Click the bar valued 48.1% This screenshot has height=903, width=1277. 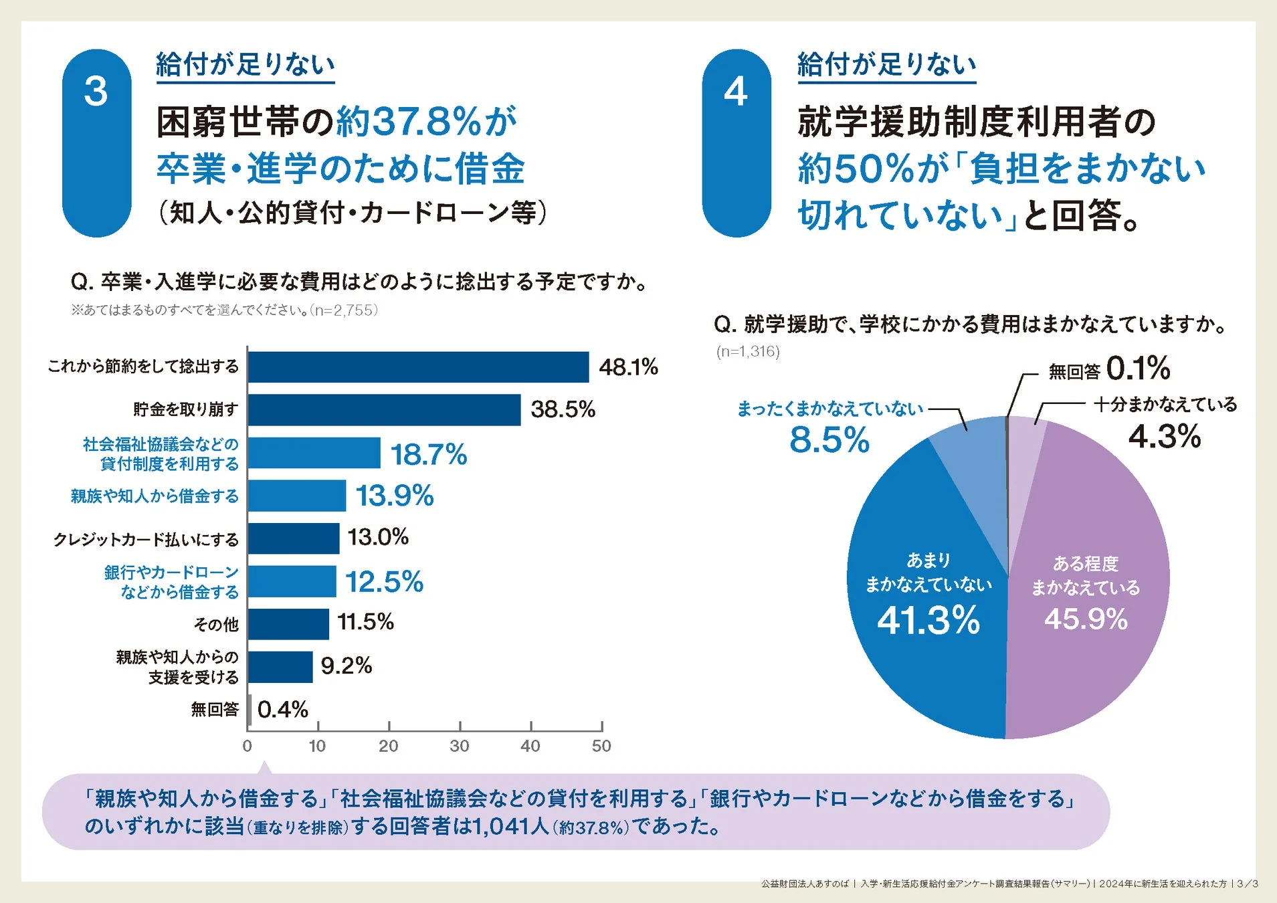(x=418, y=367)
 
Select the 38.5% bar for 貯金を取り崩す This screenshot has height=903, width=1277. (x=384, y=409)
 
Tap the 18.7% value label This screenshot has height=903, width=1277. (x=428, y=455)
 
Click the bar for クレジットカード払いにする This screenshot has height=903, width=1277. (x=294, y=538)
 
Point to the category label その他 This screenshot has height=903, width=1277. (x=215, y=624)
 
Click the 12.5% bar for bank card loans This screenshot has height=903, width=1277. (x=292, y=581)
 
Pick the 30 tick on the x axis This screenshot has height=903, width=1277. (x=460, y=746)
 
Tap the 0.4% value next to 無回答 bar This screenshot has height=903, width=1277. (x=282, y=709)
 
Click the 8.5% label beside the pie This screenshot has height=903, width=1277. (x=829, y=440)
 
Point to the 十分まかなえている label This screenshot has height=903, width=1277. (x=1165, y=404)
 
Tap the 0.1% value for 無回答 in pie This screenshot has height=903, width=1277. (x=1138, y=368)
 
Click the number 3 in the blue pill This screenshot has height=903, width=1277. (x=96, y=92)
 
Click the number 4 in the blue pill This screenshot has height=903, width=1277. (x=735, y=92)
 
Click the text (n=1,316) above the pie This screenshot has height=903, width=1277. (x=748, y=351)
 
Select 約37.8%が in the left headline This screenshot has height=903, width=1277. (x=426, y=122)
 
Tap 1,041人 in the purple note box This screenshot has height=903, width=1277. (x=511, y=827)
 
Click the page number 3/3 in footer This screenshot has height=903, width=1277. (x=1247, y=884)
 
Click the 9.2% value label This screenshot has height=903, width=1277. (x=346, y=666)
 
